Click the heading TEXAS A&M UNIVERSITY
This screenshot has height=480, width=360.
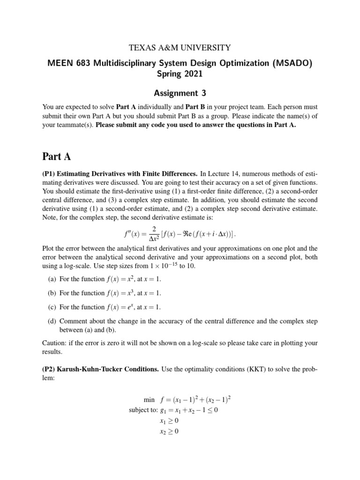click(x=180, y=47)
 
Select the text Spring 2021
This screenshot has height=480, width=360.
click(x=180, y=74)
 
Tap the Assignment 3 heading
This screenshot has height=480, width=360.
click(x=180, y=93)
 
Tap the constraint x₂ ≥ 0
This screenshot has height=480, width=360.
click(x=169, y=431)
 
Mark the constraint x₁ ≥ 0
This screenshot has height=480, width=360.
click(x=169, y=421)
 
